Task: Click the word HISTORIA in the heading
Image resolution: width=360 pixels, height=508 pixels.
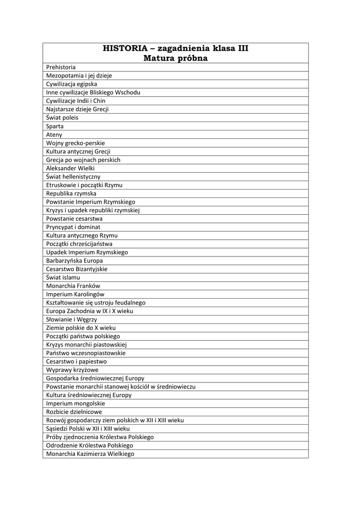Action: coord(125,48)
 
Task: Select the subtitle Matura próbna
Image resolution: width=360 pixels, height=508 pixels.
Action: coord(175,59)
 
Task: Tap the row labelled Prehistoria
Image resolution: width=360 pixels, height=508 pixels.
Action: coord(61,67)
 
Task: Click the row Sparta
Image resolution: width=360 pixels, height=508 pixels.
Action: coord(55,126)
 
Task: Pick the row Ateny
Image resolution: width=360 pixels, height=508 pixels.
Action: coord(54,134)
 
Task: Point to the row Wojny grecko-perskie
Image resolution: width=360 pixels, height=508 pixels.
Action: coord(75,143)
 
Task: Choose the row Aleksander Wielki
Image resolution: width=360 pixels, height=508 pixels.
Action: coord(70,168)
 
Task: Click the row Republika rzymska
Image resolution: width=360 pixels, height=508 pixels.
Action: coord(71,193)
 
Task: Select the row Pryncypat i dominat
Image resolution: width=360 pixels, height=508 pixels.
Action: coord(73,227)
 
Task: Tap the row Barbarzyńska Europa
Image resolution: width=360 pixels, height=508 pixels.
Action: coord(74,260)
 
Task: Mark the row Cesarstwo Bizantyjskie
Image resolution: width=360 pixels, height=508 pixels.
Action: coord(76,269)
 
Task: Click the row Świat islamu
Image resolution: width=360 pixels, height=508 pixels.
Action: coord(63,277)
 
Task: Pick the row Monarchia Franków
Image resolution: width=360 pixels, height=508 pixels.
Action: coord(73,286)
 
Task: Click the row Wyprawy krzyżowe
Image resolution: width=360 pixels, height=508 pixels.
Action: coord(72,370)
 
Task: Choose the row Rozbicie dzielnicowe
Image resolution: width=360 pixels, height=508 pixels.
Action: coord(74,412)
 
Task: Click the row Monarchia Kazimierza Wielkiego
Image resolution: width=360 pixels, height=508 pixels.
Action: coord(90,453)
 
